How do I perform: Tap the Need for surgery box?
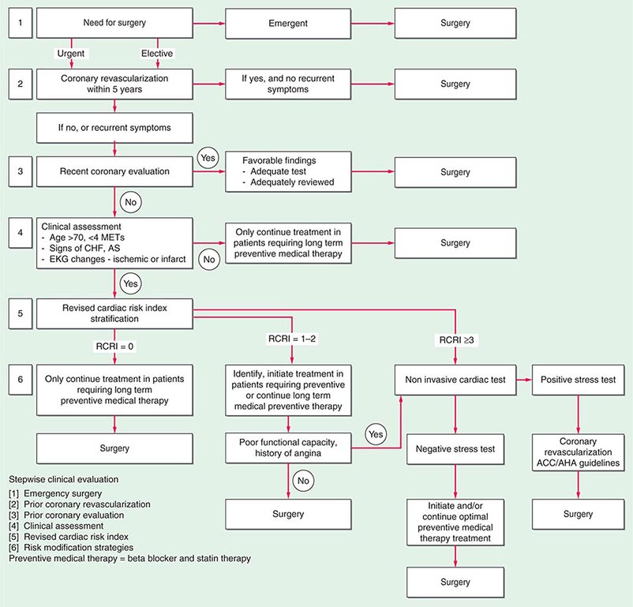coord(115,24)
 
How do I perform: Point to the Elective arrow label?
coord(158,54)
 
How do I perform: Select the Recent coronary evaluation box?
coord(115,170)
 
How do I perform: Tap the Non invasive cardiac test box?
coord(455,379)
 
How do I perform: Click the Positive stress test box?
coord(579,379)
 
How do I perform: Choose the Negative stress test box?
coord(455,448)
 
